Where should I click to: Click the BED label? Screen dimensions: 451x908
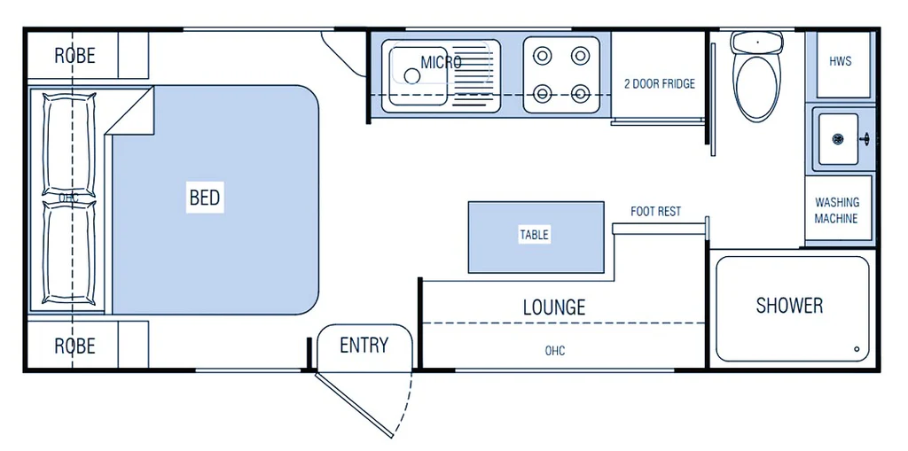coord(204,197)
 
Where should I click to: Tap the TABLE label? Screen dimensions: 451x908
coord(534,235)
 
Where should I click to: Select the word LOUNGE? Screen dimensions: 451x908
coord(554,307)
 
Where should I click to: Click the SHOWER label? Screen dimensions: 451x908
coord(789,306)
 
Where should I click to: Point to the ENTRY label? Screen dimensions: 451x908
coord(364,346)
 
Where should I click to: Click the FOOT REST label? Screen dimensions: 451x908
coord(656,212)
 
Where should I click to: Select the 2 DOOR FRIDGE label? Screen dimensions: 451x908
coord(660,84)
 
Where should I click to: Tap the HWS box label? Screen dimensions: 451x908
coord(841,62)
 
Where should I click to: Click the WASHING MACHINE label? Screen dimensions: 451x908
coord(836,211)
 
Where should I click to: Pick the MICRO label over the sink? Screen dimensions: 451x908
coord(441,63)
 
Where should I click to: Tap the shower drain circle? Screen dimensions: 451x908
coord(857,349)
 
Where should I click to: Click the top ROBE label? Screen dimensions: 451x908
coord(74,56)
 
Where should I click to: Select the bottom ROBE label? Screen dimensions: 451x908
coord(74,346)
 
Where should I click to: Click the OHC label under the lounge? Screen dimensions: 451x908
coord(555,352)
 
